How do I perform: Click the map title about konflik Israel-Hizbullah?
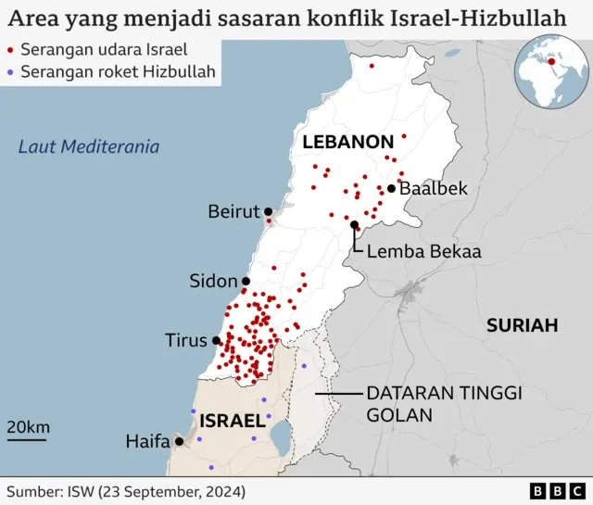pos(288,18)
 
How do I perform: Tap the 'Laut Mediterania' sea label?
pos(89,146)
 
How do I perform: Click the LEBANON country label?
pos(347,142)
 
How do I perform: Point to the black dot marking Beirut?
pos(268,211)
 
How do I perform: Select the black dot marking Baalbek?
pos(392,189)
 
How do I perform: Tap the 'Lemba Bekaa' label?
pos(423,251)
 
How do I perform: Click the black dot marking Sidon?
pos(246,281)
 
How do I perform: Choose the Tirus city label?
pos(185,340)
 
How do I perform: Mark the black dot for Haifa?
pos(178,442)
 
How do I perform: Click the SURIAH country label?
pos(523,325)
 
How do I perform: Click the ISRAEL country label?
pos(232,421)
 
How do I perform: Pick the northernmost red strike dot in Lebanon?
pos(372,66)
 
